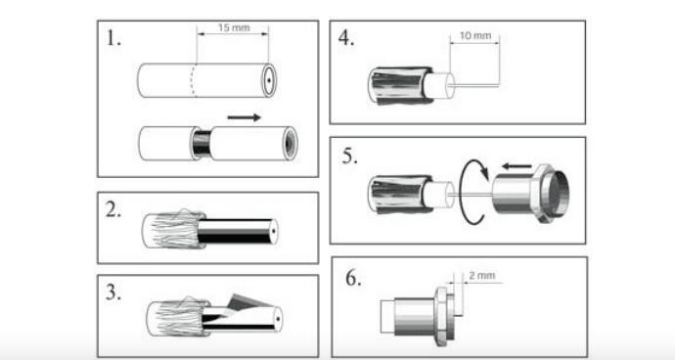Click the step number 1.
point(113,38)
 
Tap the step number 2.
point(113,209)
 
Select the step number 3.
point(113,292)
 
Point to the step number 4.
point(346,38)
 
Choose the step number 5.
point(349,156)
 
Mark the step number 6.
point(353,278)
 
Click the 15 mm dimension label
point(234,28)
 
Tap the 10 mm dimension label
point(475,36)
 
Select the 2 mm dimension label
point(481,276)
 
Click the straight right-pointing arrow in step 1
point(245,117)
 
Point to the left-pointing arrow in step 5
point(517,165)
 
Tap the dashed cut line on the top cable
point(194,80)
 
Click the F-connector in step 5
point(531,194)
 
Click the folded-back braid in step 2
point(173,229)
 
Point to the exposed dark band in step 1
point(202,144)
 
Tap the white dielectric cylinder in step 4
point(438,85)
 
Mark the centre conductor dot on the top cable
point(269,80)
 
